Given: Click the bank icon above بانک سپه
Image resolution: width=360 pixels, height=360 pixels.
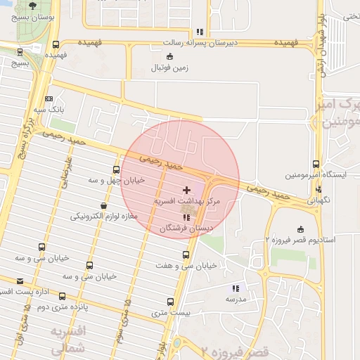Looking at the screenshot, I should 49,99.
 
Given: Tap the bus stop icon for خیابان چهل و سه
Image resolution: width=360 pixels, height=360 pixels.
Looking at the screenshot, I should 116,169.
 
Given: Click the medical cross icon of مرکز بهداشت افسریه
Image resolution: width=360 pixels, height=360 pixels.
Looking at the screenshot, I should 186,190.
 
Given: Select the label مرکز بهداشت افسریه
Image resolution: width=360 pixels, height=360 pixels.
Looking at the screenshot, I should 187,202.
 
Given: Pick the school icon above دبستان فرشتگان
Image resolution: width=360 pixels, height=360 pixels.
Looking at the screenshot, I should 186,217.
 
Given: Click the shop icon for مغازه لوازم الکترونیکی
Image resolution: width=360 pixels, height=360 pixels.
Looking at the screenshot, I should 104,205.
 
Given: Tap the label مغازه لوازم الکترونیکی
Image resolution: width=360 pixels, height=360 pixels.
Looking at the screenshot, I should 99,216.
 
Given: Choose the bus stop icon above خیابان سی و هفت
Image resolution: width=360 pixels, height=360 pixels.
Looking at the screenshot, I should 186,255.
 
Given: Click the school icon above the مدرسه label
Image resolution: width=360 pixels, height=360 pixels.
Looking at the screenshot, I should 236,288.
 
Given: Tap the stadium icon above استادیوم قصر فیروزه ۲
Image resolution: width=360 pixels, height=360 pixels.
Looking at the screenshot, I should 301,229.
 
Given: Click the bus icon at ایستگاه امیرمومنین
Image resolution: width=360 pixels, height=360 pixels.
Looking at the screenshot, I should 316,163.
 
